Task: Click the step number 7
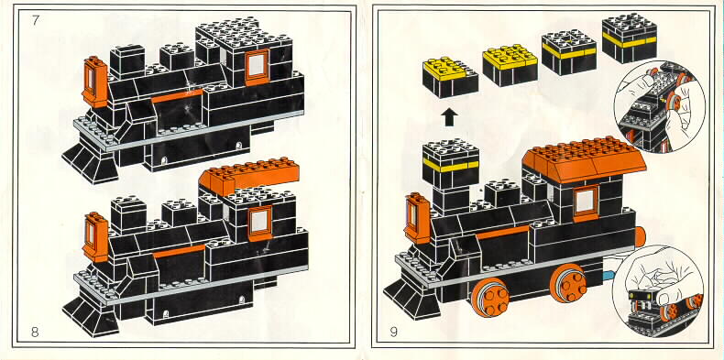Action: click(x=36, y=20)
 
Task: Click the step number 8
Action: click(x=35, y=332)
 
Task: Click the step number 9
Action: click(x=393, y=332)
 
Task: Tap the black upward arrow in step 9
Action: click(x=449, y=117)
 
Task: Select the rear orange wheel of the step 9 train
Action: click(x=568, y=283)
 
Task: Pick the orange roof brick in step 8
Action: click(x=249, y=175)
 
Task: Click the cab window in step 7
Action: click(x=257, y=67)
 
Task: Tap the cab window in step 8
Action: click(x=259, y=224)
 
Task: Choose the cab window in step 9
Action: click(x=586, y=203)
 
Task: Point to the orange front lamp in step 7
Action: click(x=95, y=82)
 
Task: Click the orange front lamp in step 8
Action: click(x=95, y=237)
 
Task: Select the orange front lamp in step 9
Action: click(x=417, y=219)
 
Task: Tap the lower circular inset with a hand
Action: click(x=658, y=291)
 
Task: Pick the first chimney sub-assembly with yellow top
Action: click(x=450, y=78)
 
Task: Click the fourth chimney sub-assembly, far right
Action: click(x=629, y=38)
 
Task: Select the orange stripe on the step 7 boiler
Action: click(x=177, y=95)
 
